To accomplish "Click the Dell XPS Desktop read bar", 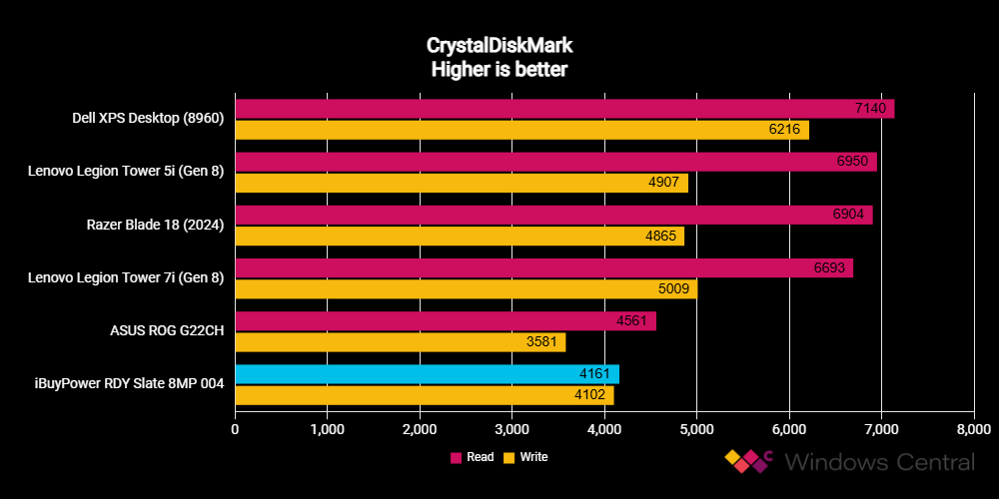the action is coord(564,109).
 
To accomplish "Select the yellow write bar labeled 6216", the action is coord(521,130).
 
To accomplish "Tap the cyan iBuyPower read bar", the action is coord(427,374).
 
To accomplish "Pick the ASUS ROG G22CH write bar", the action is coord(401,342).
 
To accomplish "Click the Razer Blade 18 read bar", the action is coord(553,215).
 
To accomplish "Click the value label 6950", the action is coord(852,162).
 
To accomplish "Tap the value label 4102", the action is coord(590,396).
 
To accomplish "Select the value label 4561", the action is coord(632,321).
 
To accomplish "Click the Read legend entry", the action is coord(473,457).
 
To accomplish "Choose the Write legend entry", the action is coord(525,457).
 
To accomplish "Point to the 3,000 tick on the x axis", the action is coord(512,429).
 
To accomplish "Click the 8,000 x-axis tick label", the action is coord(973,429).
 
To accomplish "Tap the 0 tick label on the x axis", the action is coord(236,429).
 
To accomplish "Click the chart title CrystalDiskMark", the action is coord(499,46).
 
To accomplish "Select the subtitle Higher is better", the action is coord(499,70).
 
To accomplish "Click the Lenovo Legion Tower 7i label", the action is coord(126,278).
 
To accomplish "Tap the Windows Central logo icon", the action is coord(748,461).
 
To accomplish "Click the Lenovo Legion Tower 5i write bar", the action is coord(462,184).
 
